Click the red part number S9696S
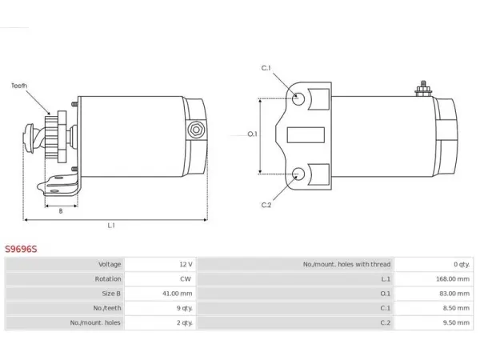point(21,249)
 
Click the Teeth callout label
point(19,86)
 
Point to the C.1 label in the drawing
point(266,68)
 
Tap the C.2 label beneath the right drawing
point(266,205)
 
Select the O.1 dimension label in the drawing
point(252,134)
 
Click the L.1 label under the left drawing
point(111,226)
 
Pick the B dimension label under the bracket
point(61,211)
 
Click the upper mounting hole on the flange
point(298,99)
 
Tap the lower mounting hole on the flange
point(298,174)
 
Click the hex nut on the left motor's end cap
point(196,130)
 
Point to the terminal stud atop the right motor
point(423,89)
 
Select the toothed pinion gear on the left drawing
point(51,137)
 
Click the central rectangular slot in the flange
point(306,135)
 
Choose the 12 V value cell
point(186,264)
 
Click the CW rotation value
point(186,279)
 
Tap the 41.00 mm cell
point(178,294)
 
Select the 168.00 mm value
point(453,279)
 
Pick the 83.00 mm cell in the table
point(454,294)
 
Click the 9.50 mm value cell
point(456,322)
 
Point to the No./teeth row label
point(107,308)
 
